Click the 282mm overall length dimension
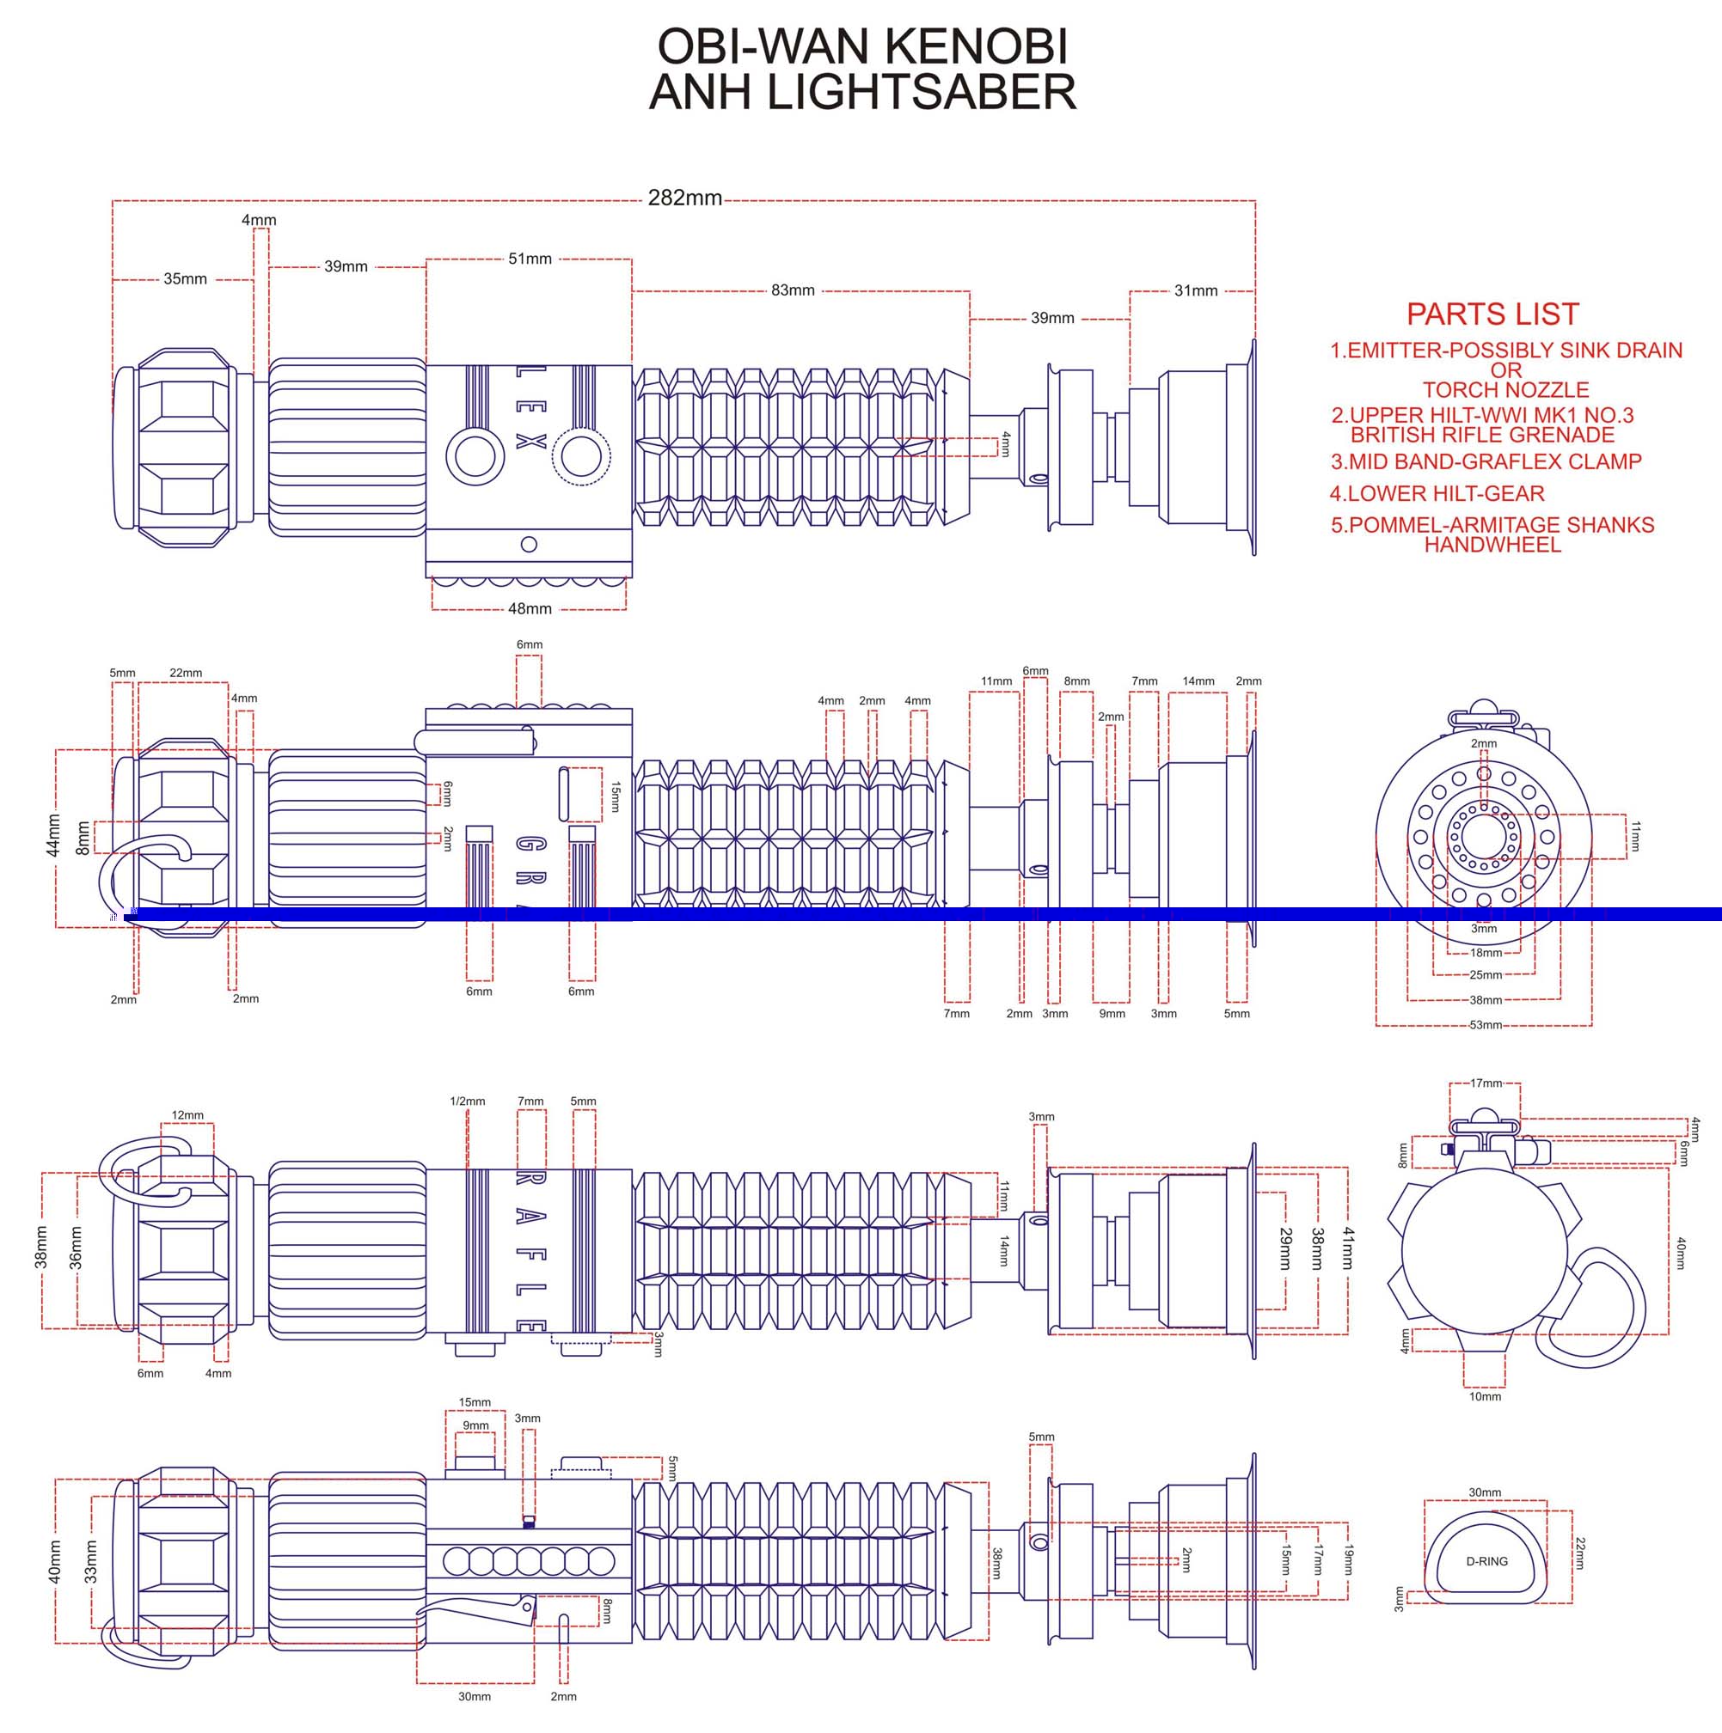click(x=684, y=198)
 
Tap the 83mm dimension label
click(x=794, y=290)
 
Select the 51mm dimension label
click(x=530, y=259)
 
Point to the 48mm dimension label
click(x=530, y=609)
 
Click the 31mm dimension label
click(x=1196, y=290)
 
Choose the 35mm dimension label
click(x=185, y=279)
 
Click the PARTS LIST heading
click(x=1492, y=314)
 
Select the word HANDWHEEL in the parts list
click(x=1492, y=545)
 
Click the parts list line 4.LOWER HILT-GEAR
click(x=1437, y=493)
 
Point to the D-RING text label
click(x=1487, y=1561)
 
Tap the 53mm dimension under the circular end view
click(x=1485, y=1024)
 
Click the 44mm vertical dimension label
click(x=54, y=835)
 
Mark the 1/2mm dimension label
click(x=468, y=1101)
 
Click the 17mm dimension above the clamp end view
click(x=1486, y=1083)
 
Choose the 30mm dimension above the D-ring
click(x=1485, y=1492)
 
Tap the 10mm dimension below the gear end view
click(x=1485, y=1397)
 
